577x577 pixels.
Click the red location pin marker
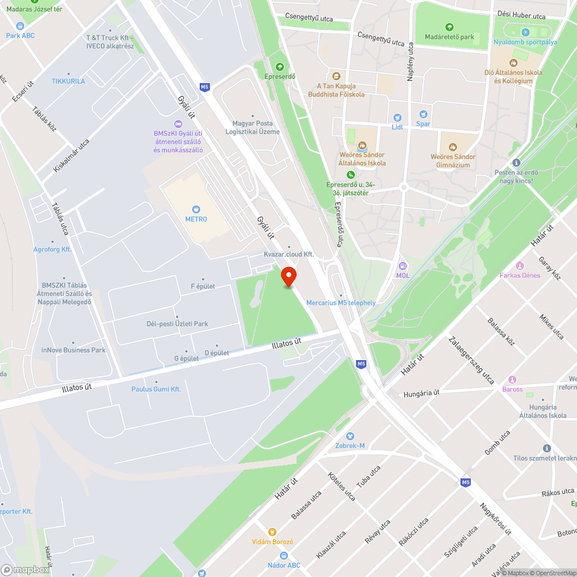288,276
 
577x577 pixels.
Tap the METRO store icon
196,209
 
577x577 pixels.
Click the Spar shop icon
424,115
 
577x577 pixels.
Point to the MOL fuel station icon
403,266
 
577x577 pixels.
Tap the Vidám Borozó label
272,542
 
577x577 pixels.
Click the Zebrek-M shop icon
350,436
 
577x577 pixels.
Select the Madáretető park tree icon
449,27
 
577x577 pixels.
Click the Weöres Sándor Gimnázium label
453,160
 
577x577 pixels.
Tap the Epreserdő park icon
280,67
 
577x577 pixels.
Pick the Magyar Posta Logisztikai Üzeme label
252,128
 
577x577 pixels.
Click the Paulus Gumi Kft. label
156,389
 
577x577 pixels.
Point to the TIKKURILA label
68,81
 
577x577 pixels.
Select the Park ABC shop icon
21,26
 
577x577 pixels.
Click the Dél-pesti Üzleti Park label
177,324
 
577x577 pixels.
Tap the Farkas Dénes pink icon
520,265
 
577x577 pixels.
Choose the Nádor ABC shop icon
284,556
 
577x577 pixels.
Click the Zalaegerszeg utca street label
471,360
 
